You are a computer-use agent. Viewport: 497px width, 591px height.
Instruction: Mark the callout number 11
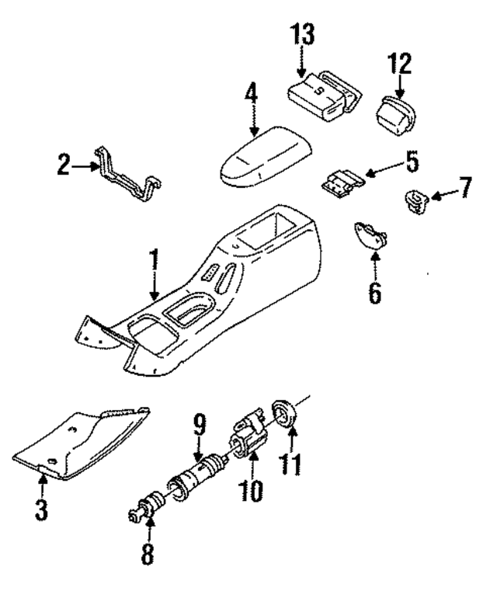tap(292, 464)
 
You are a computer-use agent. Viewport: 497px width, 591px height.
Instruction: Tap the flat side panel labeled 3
tap(85, 439)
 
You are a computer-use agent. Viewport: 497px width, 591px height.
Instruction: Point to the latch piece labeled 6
tap(368, 234)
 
